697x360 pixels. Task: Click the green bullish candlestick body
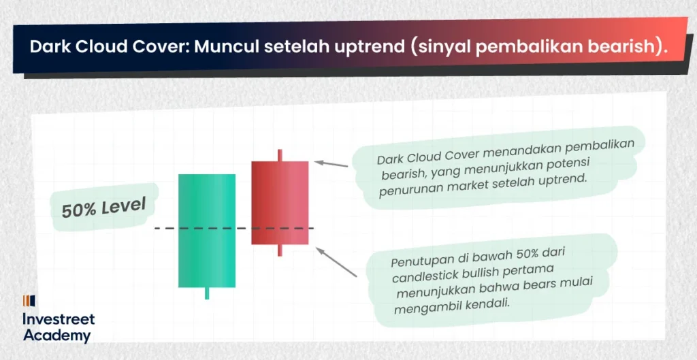click(207, 231)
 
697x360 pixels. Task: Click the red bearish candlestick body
click(280, 203)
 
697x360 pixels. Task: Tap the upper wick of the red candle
click(280, 155)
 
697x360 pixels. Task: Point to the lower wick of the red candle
click(280, 250)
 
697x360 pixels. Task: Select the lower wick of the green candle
click(207, 293)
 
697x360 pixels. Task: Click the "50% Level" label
click(103, 208)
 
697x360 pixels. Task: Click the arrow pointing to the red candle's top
click(331, 164)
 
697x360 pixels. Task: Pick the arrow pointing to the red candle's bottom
click(336, 262)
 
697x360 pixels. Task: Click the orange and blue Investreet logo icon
click(29, 301)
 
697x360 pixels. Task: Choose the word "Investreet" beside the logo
click(59, 318)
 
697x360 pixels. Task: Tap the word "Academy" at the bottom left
click(57, 336)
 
